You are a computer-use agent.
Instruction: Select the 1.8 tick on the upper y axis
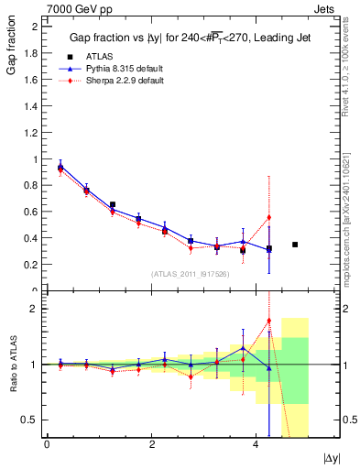(32, 53)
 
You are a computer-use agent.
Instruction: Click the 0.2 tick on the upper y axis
(32, 265)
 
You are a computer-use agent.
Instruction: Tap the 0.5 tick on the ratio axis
(32, 420)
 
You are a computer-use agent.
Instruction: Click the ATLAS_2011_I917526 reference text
(191, 273)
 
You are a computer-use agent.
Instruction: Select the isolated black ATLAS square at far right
(295, 245)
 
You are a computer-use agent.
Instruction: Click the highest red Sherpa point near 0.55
(268, 218)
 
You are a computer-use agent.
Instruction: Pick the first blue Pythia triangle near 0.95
(60, 167)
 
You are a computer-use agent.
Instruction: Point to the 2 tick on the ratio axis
(32, 309)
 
